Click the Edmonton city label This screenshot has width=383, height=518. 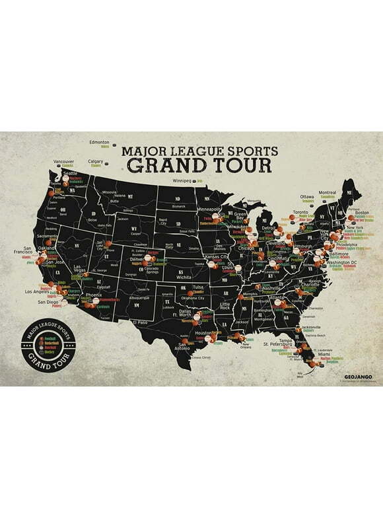click(100, 142)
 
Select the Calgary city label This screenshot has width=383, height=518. click(96, 161)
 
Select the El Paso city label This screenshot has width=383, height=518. click(139, 321)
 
